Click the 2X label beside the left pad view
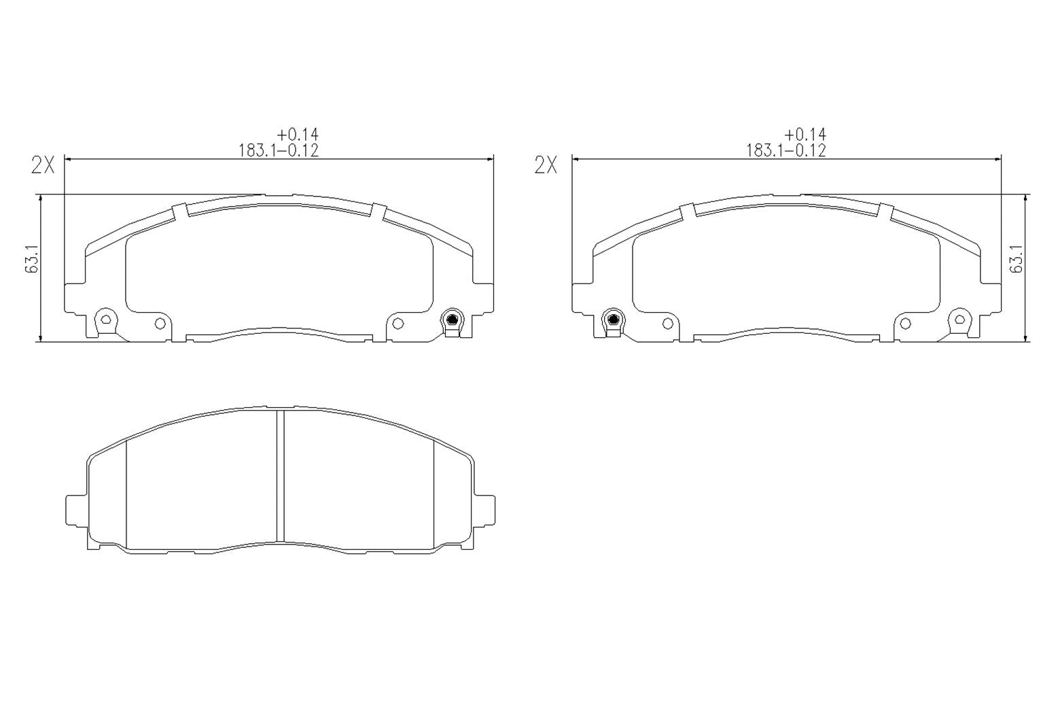43,165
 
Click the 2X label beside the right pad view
546,165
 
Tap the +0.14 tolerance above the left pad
298,135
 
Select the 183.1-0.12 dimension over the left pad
279,150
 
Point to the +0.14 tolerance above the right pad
805,135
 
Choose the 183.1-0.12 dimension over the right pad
786,150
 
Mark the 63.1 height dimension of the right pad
1017,260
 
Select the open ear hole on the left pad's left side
105,318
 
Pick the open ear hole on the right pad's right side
960,318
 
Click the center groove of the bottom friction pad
280,476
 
